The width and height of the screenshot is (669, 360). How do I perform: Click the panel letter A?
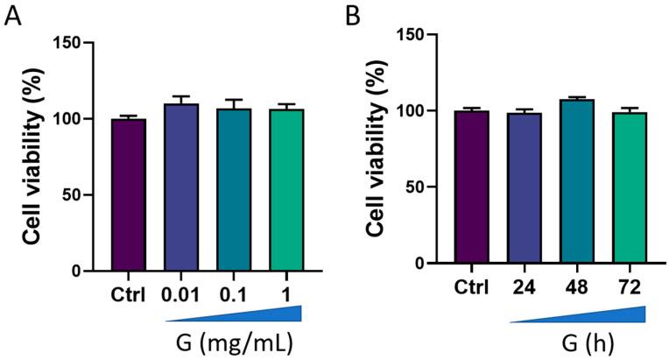pyautogui.click(x=12, y=17)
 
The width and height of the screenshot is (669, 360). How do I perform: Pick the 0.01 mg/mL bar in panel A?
pyautogui.click(x=180, y=187)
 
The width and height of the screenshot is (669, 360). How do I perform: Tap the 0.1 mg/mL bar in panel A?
pyautogui.click(x=233, y=190)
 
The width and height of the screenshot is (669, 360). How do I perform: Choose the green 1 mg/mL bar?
pyautogui.click(x=285, y=190)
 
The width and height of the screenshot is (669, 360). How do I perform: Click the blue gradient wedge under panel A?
pyautogui.click(x=263, y=314)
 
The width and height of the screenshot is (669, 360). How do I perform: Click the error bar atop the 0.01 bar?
pyautogui.click(x=180, y=99)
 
